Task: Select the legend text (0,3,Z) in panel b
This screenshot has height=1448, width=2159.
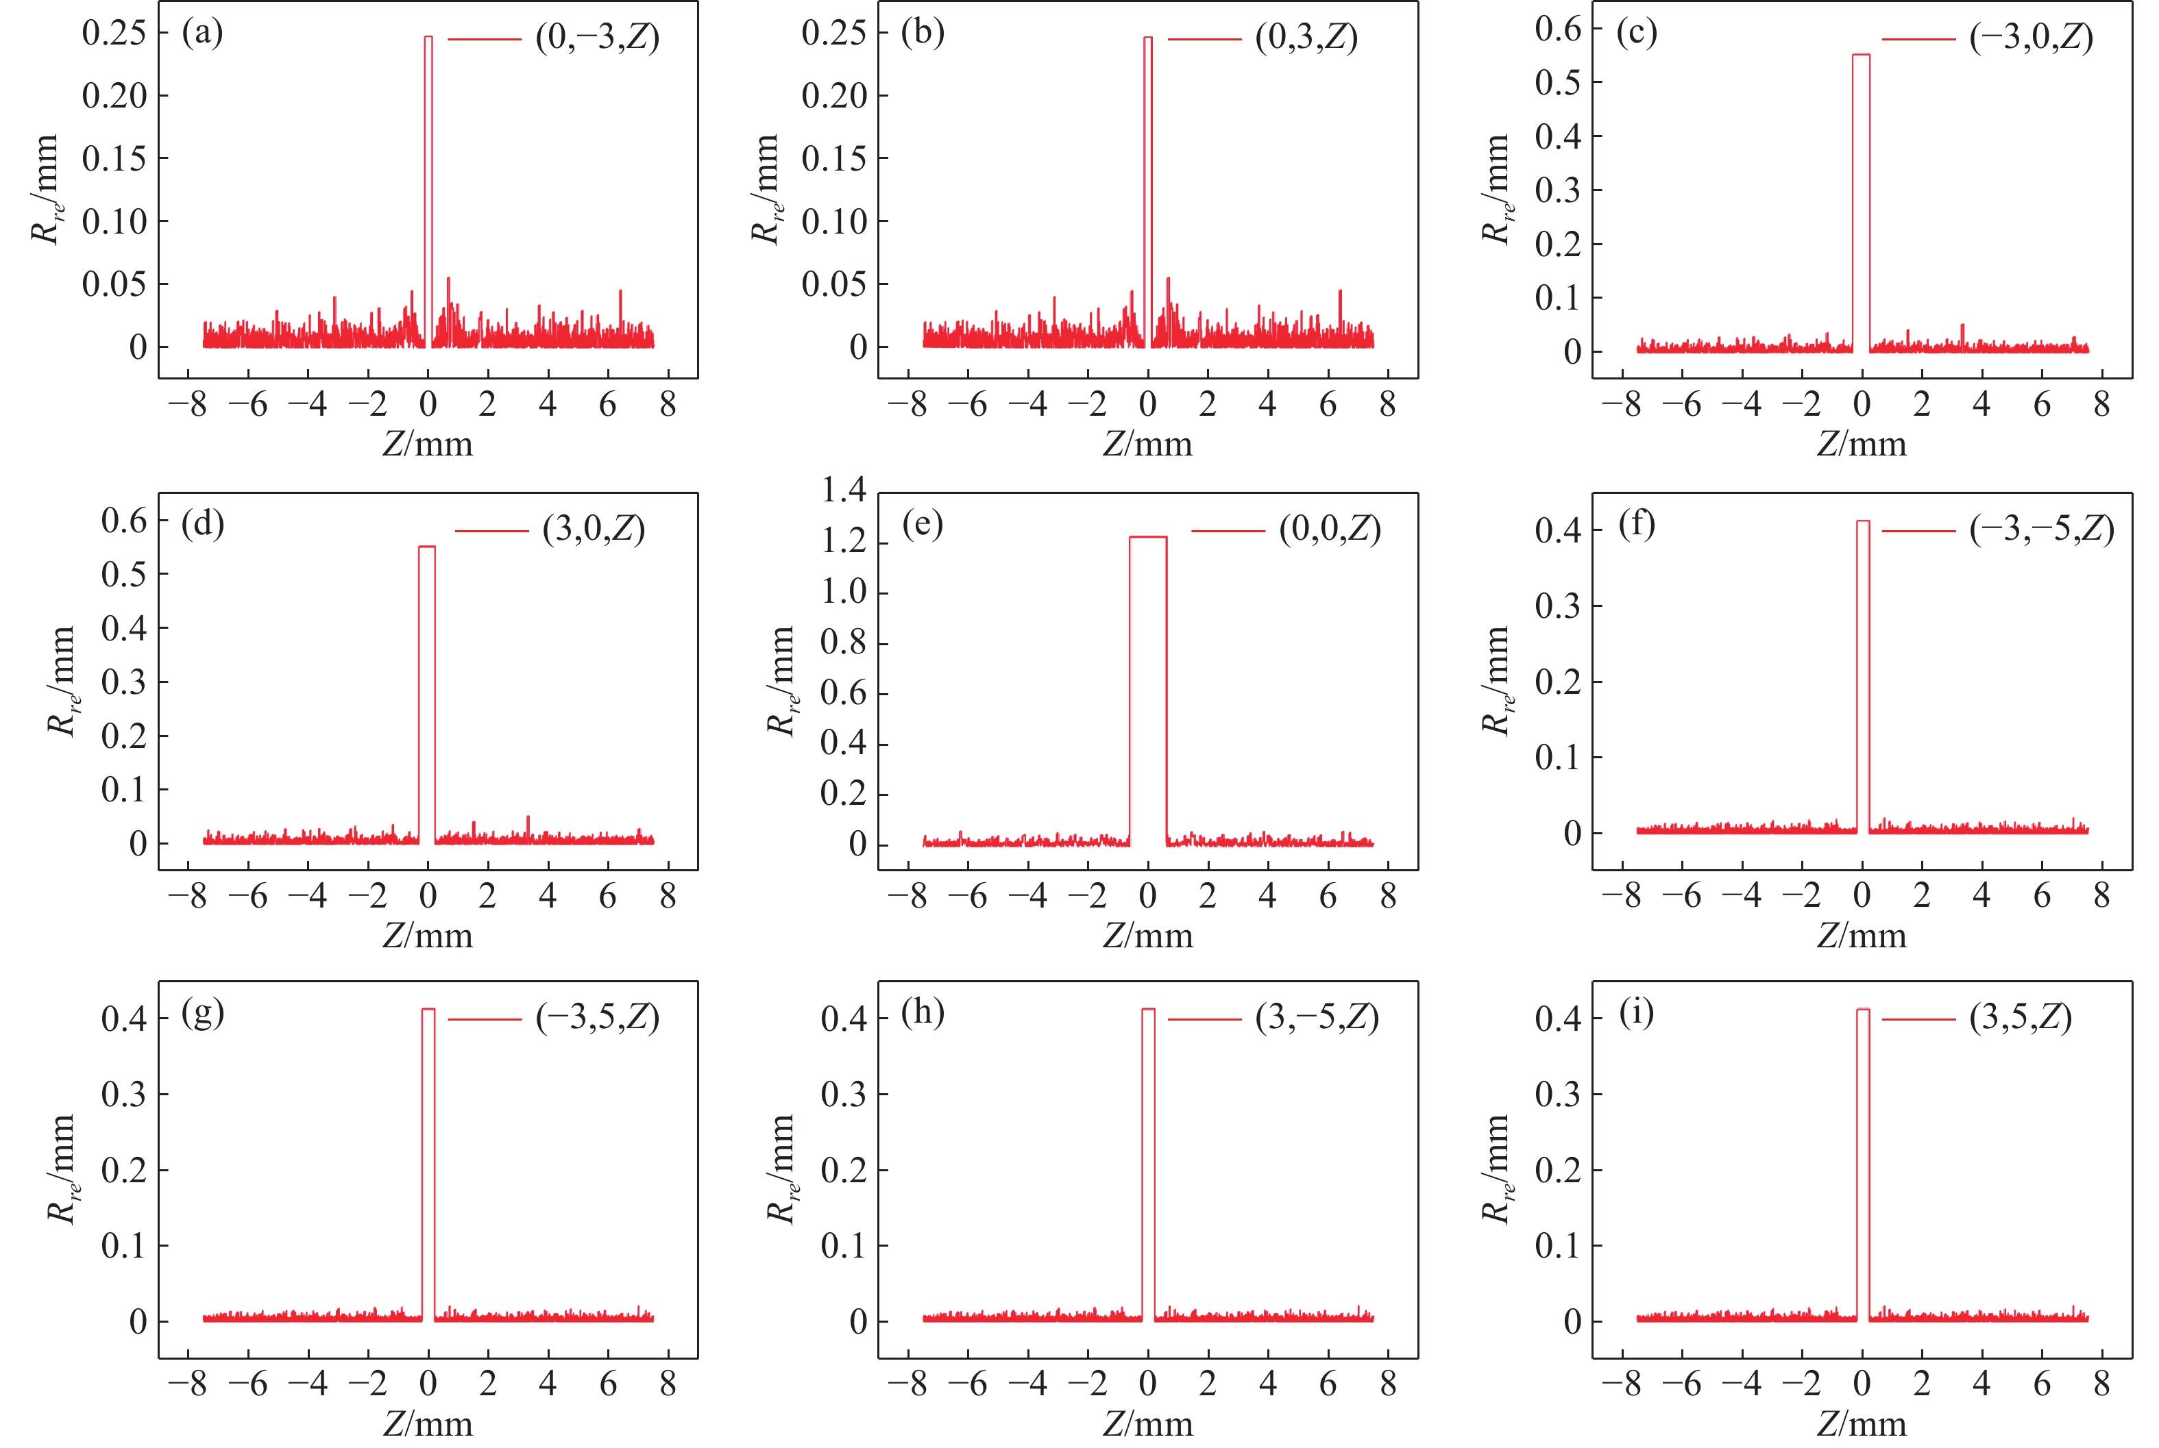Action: coord(1306,38)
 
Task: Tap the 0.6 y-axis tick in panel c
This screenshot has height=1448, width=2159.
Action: coord(1558,29)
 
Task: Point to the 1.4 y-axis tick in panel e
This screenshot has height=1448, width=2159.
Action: coord(844,490)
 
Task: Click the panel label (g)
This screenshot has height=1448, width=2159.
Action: coord(202,1013)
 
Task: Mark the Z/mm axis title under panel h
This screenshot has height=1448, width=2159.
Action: coord(1147,1423)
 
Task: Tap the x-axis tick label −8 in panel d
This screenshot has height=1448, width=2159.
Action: coord(188,896)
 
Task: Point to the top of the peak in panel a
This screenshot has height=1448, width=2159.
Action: coord(428,38)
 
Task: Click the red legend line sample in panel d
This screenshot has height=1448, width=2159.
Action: coord(491,531)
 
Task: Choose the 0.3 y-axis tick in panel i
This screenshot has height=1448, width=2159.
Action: coord(1558,1095)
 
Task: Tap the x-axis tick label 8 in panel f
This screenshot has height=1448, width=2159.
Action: coord(2101,896)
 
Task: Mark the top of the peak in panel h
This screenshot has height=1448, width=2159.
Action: coord(1147,1010)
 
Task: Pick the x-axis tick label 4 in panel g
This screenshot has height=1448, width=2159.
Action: coord(548,1384)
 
